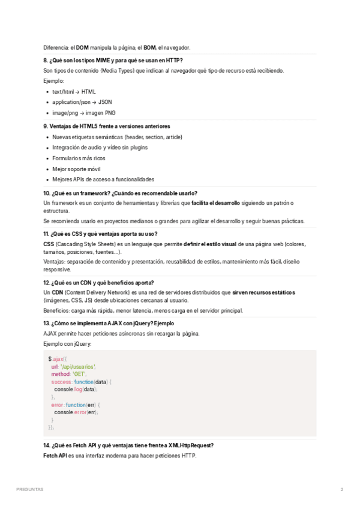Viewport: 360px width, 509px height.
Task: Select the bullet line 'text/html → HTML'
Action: [74, 92]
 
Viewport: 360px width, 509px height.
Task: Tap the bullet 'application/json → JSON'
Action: [82, 102]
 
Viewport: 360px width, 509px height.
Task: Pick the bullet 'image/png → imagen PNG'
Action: [84, 113]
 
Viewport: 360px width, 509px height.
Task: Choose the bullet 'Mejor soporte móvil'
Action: [76, 169]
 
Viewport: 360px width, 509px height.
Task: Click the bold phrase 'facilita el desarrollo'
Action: [215, 203]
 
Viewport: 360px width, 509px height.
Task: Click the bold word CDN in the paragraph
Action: [58, 292]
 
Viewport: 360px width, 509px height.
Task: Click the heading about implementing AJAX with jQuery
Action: [109, 323]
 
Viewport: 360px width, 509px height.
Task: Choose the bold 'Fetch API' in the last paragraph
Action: [55, 456]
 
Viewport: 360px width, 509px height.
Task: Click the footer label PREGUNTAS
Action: [30, 490]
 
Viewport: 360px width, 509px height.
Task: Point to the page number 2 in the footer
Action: [342, 490]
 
